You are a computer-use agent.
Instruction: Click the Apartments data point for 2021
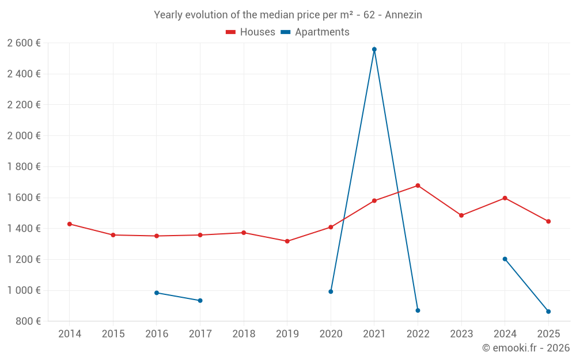(x=374, y=50)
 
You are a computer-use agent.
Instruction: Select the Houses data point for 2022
(x=418, y=185)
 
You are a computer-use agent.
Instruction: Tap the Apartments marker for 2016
(x=157, y=293)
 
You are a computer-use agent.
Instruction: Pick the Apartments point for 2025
(x=548, y=312)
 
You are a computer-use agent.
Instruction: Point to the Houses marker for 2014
(x=70, y=224)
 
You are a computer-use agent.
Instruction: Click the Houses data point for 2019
(x=287, y=241)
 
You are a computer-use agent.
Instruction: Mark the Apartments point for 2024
(x=505, y=259)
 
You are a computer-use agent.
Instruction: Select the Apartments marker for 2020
(x=331, y=291)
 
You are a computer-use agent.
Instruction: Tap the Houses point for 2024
(x=505, y=198)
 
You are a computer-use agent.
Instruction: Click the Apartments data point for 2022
(x=418, y=310)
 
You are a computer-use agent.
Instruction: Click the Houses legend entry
(x=251, y=32)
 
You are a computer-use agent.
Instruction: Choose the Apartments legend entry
(x=315, y=32)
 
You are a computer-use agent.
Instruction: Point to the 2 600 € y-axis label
(x=24, y=43)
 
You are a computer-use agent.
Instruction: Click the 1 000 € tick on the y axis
(x=24, y=290)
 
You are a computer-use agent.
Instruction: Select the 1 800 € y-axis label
(x=24, y=166)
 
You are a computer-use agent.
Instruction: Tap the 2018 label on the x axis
(x=244, y=334)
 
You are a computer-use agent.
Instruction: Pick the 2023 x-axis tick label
(x=461, y=334)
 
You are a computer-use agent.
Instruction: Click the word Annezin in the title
(x=403, y=15)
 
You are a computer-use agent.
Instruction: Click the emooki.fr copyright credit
(x=525, y=348)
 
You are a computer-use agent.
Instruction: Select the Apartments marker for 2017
(x=200, y=301)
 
